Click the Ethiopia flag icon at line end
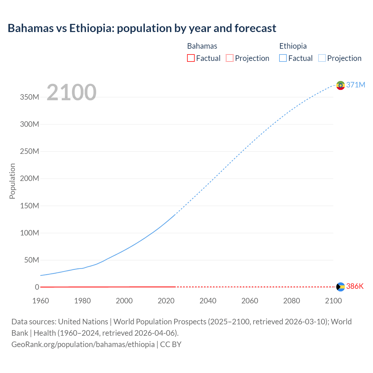coord(340,85)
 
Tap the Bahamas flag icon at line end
coord(340,287)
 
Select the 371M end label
coord(356,85)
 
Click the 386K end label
coord(355,286)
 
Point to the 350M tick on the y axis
coord(29,97)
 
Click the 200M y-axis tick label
coord(29,178)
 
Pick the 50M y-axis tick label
coord(31,260)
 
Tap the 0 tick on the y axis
coord(37,287)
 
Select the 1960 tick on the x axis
coord(41,301)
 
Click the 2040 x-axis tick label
coord(208,301)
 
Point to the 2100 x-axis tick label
coord(333,301)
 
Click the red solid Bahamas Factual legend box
coord(191,58)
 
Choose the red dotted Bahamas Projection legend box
coord(230,58)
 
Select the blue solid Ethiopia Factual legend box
coord(283,58)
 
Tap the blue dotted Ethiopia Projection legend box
coord(322,58)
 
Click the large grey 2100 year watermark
coord(71,92)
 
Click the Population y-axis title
coord(12,181)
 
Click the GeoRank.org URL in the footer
coord(83,344)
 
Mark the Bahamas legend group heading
coord(202,46)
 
